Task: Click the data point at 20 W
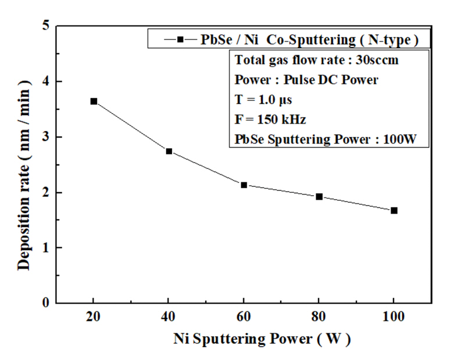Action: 94,101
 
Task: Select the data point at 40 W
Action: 169,151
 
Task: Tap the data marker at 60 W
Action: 244,185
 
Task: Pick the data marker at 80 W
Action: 319,196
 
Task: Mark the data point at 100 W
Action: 394,210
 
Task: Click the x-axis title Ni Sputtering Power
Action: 262,339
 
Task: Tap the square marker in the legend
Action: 180,39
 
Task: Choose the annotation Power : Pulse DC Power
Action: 306,80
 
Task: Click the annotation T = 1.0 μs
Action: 263,100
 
